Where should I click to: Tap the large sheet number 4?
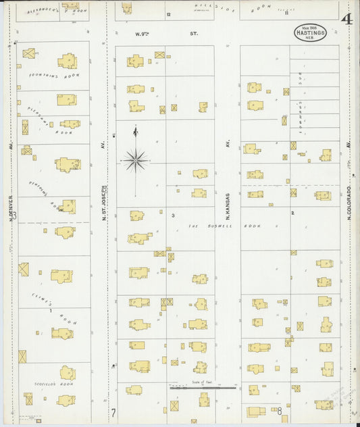click(346, 19)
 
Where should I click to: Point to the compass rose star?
click(136, 160)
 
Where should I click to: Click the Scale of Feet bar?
click(203, 388)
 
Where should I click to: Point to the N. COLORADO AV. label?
click(349, 203)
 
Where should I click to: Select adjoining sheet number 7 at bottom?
click(113, 411)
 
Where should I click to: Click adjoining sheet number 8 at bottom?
click(278, 411)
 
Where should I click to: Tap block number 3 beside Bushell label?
click(174, 216)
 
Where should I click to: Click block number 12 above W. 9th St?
click(169, 14)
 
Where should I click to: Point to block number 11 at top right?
click(286, 13)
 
